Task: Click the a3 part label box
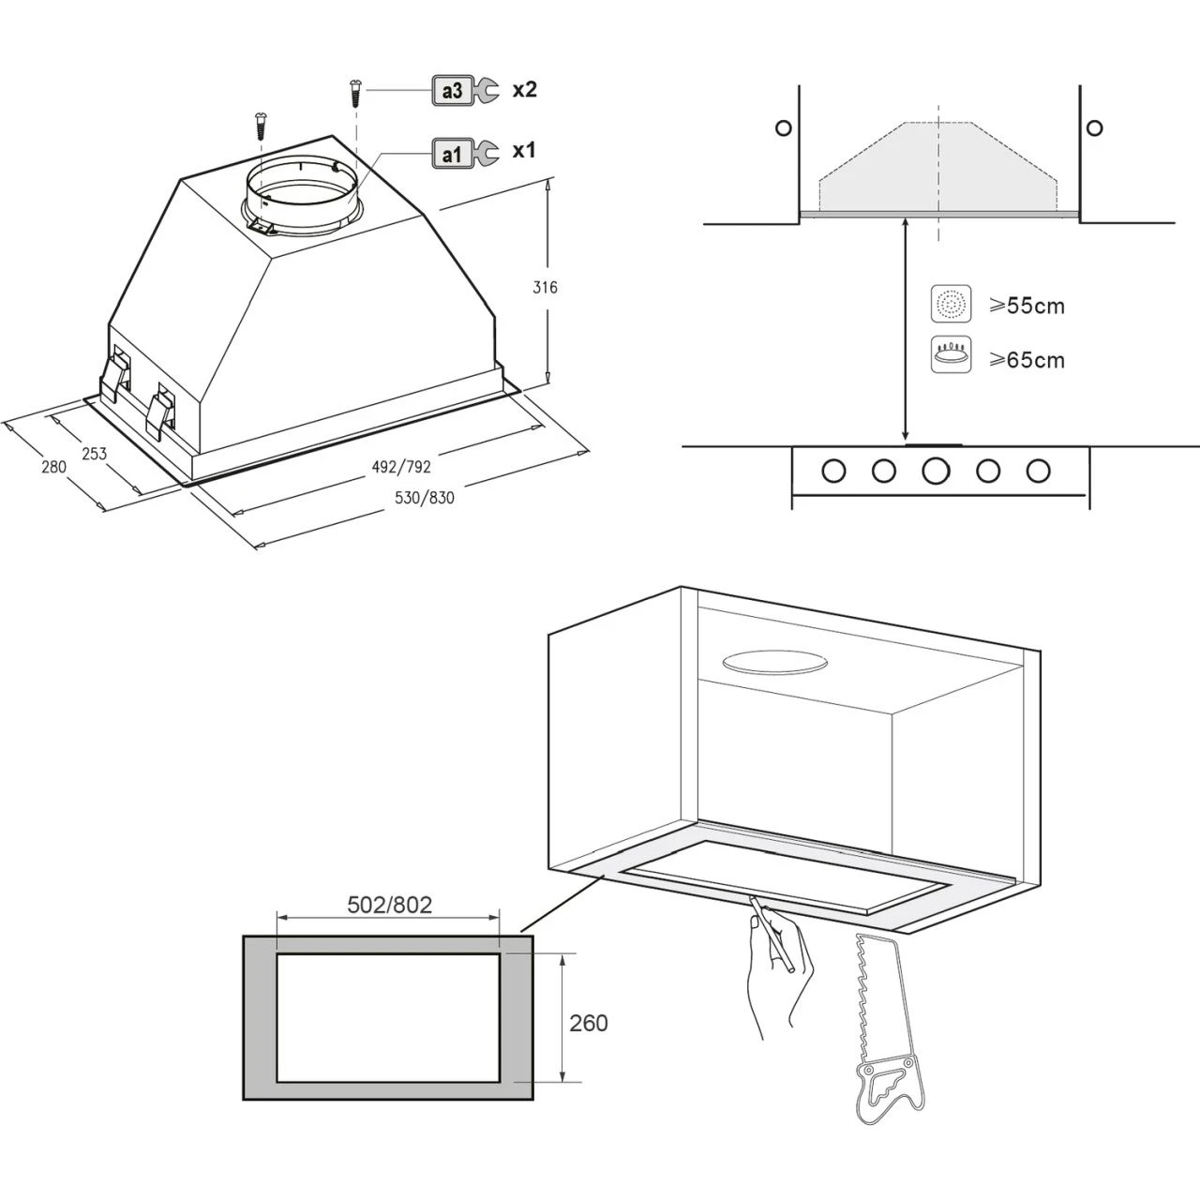(x=452, y=91)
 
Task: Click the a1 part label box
(x=452, y=154)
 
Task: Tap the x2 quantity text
(x=524, y=90)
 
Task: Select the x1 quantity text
(x=524, y=151)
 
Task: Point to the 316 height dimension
(x=545, y=287)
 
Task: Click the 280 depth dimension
(x=53, y=467)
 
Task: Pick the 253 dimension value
(x=94, y=454)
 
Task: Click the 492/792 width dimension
(x=401, y=467)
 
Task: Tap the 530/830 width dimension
(x=424, y=498)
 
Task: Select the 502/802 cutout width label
(x=389, y=904)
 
